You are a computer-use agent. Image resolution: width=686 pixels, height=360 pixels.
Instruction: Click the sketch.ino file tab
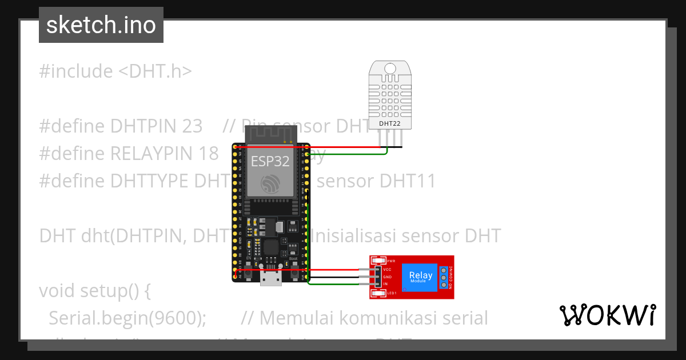(101, 25)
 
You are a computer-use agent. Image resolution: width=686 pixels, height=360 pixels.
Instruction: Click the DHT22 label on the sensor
(390, 123)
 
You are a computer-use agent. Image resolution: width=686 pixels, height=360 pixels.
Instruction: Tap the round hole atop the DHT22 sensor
(390, 69)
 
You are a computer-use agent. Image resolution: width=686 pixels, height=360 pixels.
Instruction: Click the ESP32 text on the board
(270, 161)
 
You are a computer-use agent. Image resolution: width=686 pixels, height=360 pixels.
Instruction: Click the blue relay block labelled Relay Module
(420, 277)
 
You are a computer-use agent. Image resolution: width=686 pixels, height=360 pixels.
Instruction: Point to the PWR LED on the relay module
(378, 261)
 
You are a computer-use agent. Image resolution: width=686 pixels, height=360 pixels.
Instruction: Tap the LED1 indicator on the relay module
(378, 294)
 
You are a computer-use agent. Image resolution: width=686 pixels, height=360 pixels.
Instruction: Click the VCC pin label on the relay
(387, 269)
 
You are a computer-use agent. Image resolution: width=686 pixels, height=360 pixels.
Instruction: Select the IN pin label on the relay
(385, 284)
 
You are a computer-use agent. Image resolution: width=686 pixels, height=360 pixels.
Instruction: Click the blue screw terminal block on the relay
(444, 277)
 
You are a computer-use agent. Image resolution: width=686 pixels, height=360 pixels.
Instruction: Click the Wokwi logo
(607, 315)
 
